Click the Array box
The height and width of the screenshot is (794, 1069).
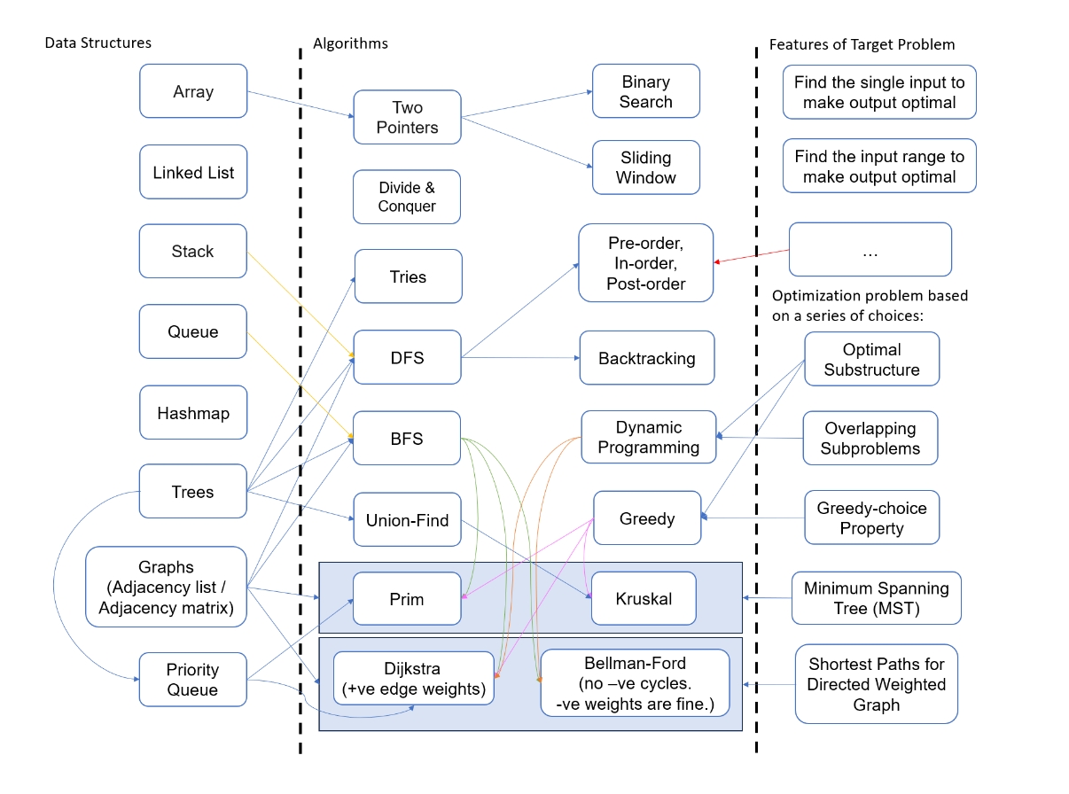coord(193,91)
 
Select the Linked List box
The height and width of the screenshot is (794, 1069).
coord(193,172)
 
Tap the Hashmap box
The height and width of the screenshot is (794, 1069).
coord(193,413)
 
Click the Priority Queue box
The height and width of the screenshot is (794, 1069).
coord(192,680)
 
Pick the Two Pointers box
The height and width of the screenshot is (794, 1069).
coord(407,117)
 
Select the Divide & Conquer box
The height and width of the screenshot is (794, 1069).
coord(407,197)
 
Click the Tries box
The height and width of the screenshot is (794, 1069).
coord(408,276)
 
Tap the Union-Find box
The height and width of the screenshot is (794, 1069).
coord(407,520)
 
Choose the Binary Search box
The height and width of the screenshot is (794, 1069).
coord(645,91)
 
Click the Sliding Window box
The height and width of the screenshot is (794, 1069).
coord(645,167)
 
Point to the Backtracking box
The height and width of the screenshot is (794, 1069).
coord(646,359)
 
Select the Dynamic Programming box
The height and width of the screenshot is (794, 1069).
coord(648,438)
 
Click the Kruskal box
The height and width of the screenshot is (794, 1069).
coord(644,599)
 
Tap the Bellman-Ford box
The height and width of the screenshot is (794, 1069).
coord(634,682)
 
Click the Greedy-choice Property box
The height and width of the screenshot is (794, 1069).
coord(871,518)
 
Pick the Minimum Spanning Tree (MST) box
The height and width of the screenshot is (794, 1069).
coord(876,598)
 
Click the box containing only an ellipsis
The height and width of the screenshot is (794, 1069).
coord(870,251)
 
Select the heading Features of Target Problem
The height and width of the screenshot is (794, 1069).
coord(862,43)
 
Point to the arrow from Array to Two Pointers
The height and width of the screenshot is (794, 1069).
coord(300,103)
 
